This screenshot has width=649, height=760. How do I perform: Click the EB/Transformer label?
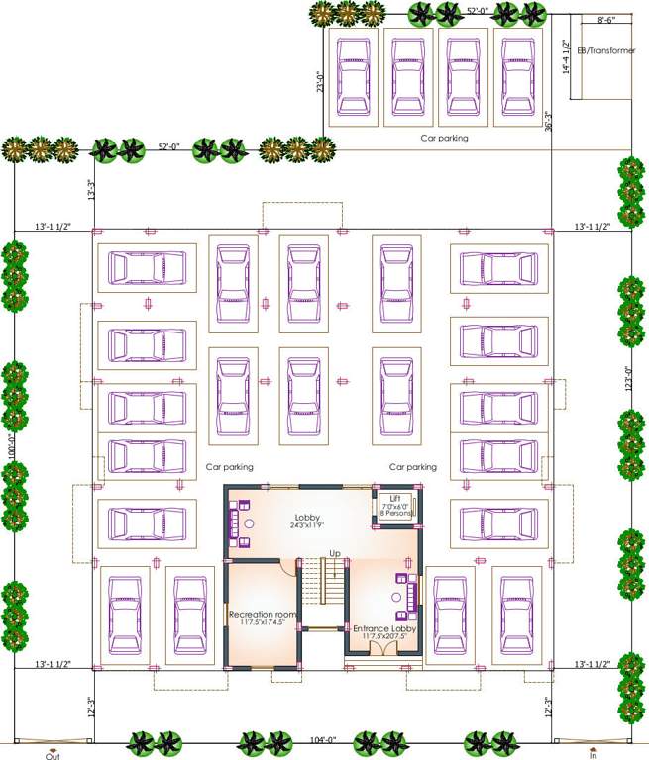point(607,50)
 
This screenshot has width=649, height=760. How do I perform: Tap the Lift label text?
point(395,498)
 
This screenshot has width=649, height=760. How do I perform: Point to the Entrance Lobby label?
point(385,628)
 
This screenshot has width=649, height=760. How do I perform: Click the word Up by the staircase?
point(335,553)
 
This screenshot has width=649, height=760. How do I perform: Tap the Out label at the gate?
point(53,755)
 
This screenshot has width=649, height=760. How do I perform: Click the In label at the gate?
point(594,755)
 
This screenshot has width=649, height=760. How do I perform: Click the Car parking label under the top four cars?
point(444,139)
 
